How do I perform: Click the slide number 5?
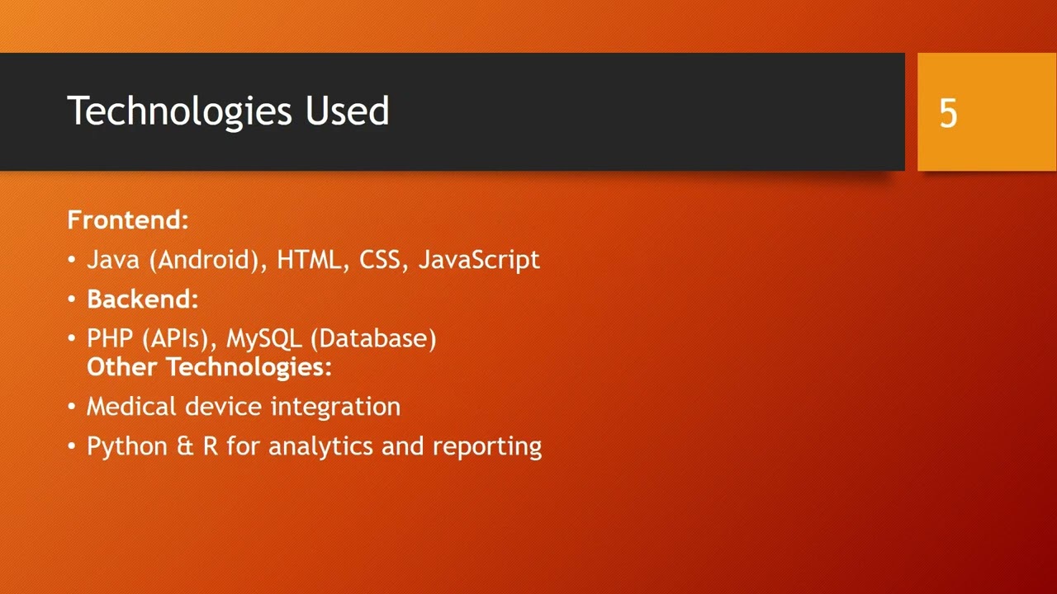[948, 113]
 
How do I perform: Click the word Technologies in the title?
[179, 111]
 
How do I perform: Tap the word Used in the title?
[348, 111]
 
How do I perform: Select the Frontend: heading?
[128, 220]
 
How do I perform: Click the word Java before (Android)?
[113, 260]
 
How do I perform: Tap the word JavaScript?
[479, 260]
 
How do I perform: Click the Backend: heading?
[143, 299]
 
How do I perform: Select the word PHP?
[110, 338]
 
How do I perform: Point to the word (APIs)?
[179, 338]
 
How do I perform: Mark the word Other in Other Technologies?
[123, 367]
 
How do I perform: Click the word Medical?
[131, 407]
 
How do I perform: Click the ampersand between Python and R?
[185, 446]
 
